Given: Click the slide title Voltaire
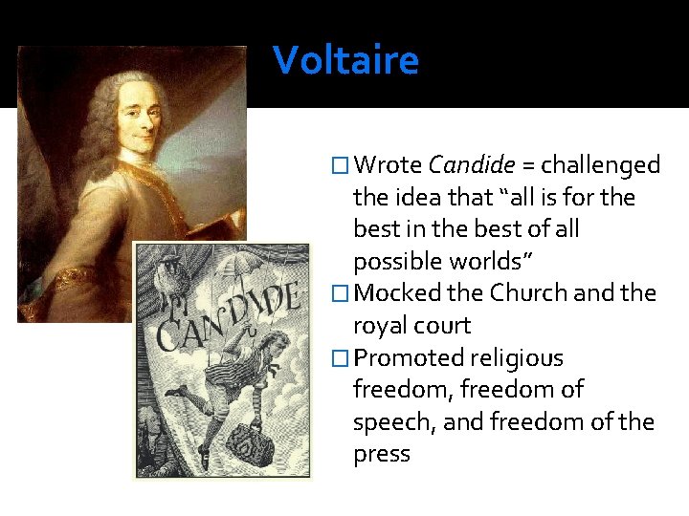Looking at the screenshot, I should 345,60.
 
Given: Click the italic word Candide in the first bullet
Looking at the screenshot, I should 470,165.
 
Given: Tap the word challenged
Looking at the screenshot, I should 601,165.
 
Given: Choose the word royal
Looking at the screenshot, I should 381,326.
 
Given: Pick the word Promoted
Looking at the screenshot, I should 410,358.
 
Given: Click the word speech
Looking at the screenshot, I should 390,421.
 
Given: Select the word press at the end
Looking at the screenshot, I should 381,454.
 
